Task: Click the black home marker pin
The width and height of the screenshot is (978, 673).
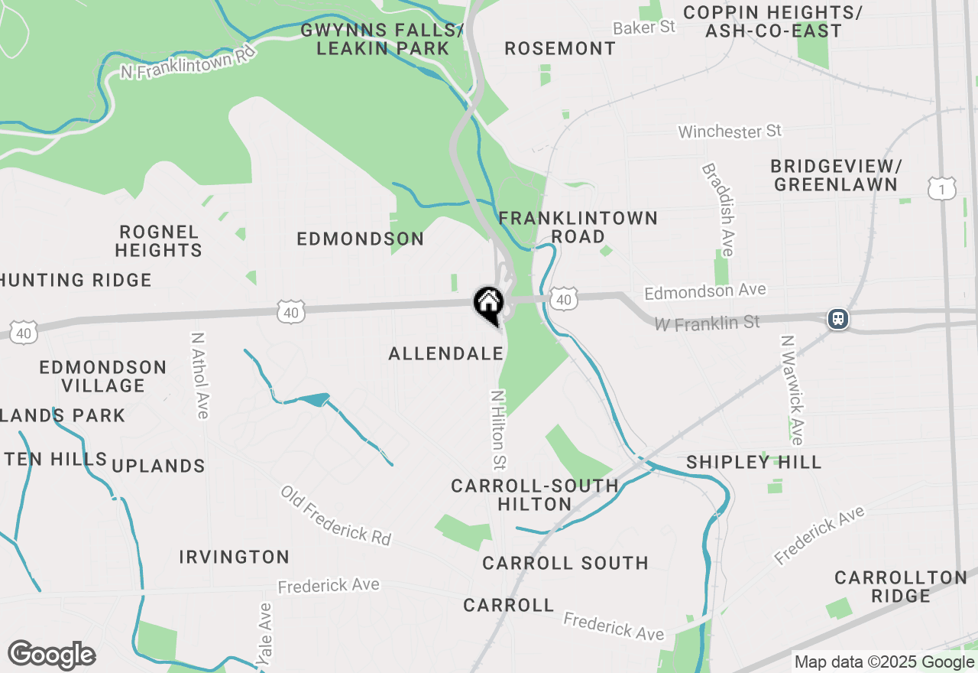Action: point(488,304)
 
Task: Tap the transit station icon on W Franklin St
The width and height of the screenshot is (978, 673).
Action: point(838,318)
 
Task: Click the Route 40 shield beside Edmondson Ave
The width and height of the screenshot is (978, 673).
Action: point(563,299)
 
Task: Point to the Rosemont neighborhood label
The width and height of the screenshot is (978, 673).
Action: point(560,48)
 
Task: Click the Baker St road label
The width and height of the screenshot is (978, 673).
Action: point(644,28)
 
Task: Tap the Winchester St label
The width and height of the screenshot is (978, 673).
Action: point(730,132)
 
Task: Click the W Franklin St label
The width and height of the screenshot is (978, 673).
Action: point(707,323)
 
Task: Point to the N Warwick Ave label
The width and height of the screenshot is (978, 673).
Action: point(792,389)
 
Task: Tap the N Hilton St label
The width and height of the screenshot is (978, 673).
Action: point(498,430)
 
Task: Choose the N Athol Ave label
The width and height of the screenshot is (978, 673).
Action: point(200,375)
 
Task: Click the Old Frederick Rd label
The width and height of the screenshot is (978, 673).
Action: point(335,515)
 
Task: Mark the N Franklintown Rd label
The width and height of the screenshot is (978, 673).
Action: point(187,60)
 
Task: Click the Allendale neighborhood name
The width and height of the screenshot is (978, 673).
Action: point(446,353)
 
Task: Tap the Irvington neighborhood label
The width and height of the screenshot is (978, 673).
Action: point(235,557)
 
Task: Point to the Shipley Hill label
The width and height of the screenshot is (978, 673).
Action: point(753,462)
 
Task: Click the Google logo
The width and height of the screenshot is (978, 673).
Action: point(51,655)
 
